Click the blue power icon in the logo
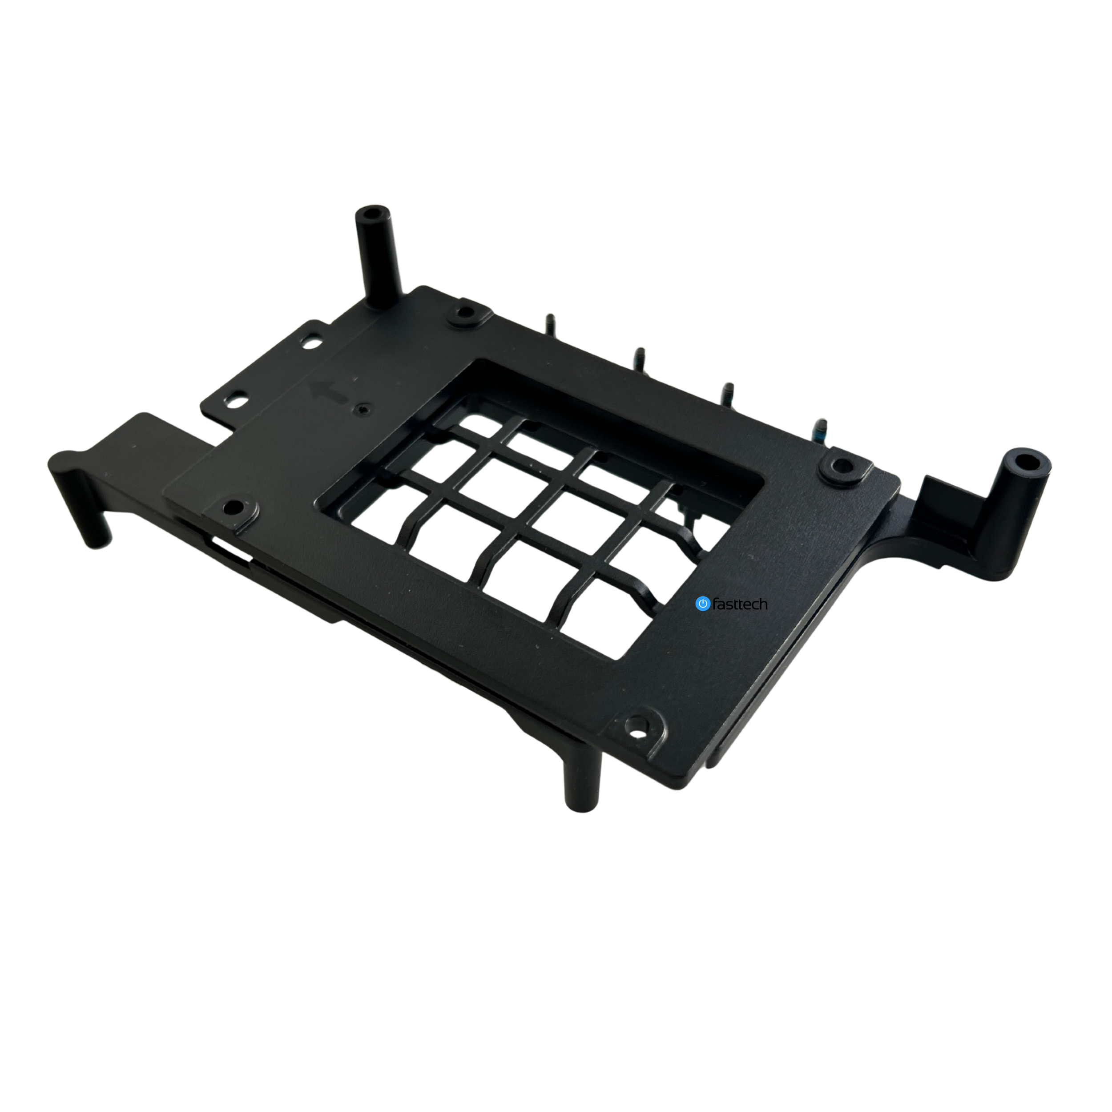pos(702,603)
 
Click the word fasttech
pos(740,604)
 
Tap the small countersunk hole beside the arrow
pos(362,409)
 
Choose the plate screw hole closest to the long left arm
pos(233,507)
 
